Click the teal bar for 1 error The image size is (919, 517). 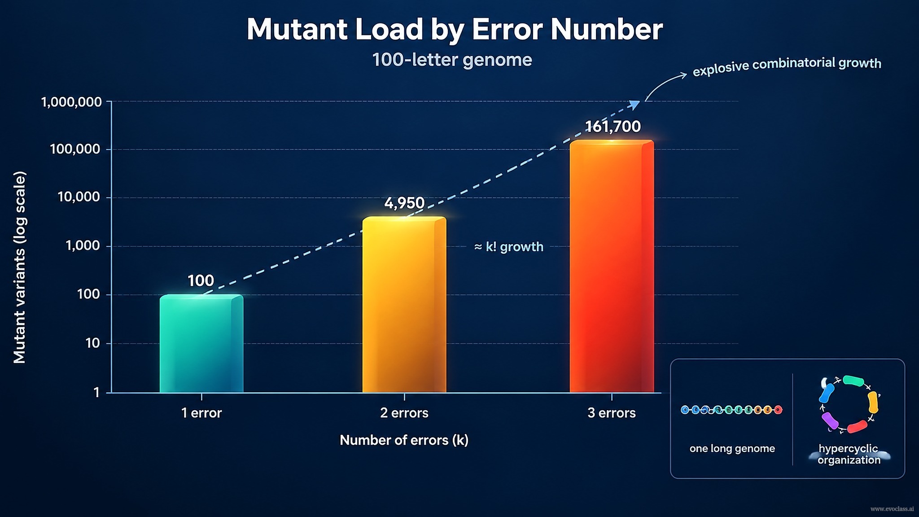coord(201,343)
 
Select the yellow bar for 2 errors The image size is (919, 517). coord(404,305)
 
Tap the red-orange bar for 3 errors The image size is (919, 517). coord(612,266)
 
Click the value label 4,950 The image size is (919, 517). coord(404,203)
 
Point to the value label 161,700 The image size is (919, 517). coord(613,127)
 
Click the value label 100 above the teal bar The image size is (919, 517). coord(201,281)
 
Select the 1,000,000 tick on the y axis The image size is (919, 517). coord(71,102)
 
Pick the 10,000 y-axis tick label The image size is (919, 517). coord(79,197)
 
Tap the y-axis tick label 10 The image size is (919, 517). coord(92,343)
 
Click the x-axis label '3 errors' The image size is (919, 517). coord(612,413)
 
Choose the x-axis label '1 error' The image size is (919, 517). coord(201,413)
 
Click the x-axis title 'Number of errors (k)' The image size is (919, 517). coord(404,440)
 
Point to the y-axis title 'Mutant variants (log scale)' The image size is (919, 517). coord(20,267)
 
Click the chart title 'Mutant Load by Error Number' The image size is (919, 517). coord(455,30)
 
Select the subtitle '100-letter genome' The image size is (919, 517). coord(452,60)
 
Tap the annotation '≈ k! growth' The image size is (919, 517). coord(509,247)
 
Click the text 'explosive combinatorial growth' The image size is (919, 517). coord(787,66)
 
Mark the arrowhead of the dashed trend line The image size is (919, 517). coord(635,105)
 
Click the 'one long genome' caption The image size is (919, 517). coord(732,449)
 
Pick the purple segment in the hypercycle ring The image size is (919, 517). coord(830,421)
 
